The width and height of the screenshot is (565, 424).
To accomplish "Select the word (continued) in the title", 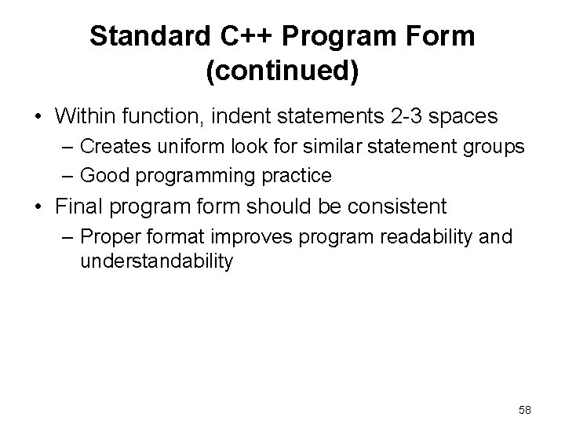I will (x=282, y=71).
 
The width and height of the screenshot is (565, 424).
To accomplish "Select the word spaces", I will (x=468, y=117).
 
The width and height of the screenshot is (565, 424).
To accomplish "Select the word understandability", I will (x=156, y=261).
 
